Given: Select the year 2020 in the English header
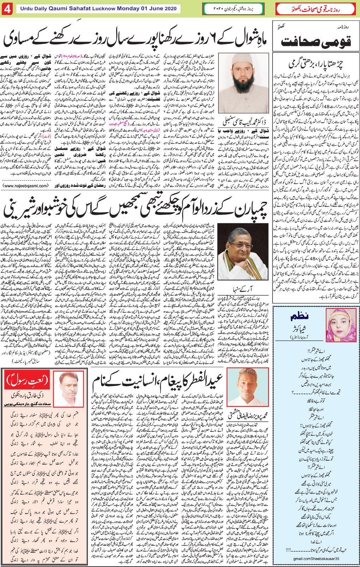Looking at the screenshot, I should (171, 8).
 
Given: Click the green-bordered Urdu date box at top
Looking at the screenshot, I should (233, 9).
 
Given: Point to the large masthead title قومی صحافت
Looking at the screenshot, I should (316, 42).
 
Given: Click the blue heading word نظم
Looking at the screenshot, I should (301, 316).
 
